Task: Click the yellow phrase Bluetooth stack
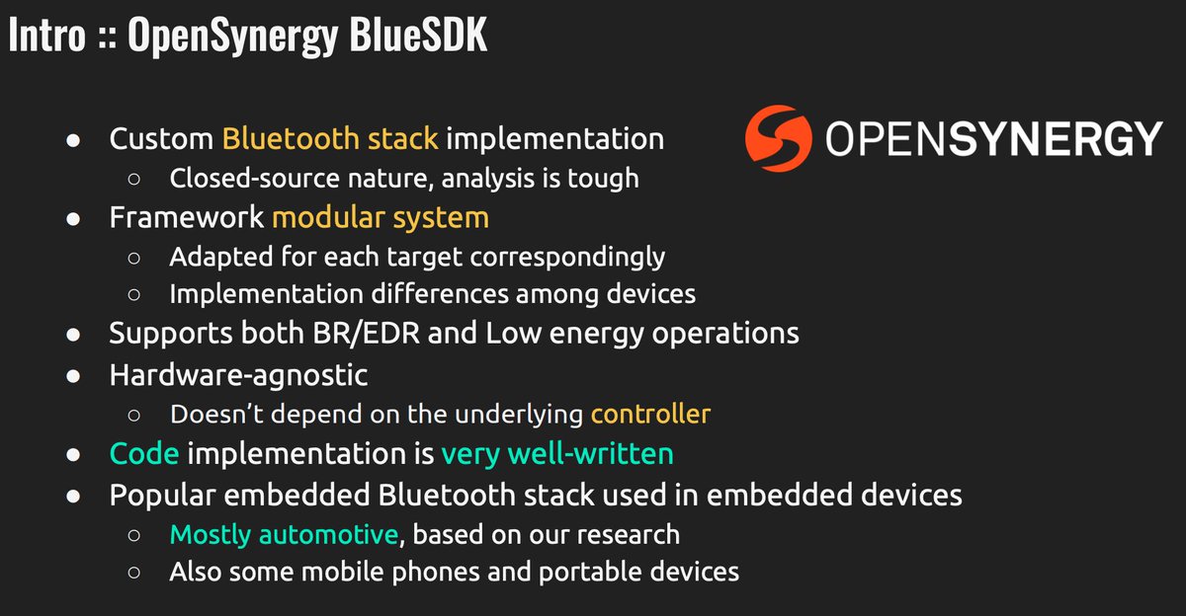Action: tap(330, 139)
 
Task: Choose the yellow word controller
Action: tap(650, 413)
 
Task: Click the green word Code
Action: tap(144, 453)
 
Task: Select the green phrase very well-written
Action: tap(557, 453)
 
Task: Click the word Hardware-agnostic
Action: tap(238, 374)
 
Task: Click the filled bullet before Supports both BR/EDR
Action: tap(72, 334)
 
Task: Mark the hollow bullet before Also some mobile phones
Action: tap(137, 572)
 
